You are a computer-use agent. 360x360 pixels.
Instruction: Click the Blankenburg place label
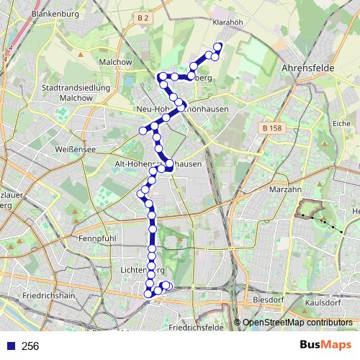[x=58, y=13]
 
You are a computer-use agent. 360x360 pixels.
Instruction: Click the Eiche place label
[x=341, y=124]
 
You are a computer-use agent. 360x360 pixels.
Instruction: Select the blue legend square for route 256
[x=11, y=346]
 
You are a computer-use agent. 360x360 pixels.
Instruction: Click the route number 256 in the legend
[x=31, y=346]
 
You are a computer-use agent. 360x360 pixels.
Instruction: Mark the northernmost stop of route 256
[x=217, y=48]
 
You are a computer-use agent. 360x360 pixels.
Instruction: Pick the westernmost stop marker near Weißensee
[x=143, y=130]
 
